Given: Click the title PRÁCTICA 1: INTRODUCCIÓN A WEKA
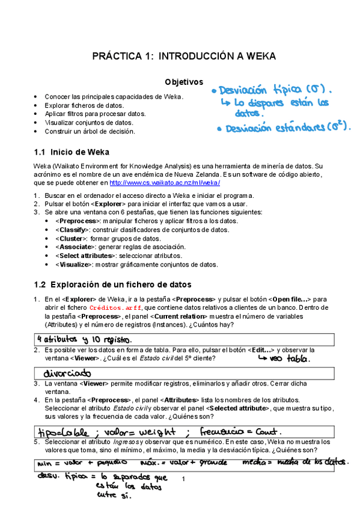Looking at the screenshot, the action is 183,57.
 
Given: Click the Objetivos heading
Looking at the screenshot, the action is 184,82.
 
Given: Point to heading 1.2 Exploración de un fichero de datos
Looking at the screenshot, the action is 113,284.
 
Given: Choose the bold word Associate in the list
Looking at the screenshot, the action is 75,247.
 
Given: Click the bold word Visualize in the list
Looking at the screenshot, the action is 73,264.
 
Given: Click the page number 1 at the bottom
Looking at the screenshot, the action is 183,478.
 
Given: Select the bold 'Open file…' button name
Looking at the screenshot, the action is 291,298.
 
